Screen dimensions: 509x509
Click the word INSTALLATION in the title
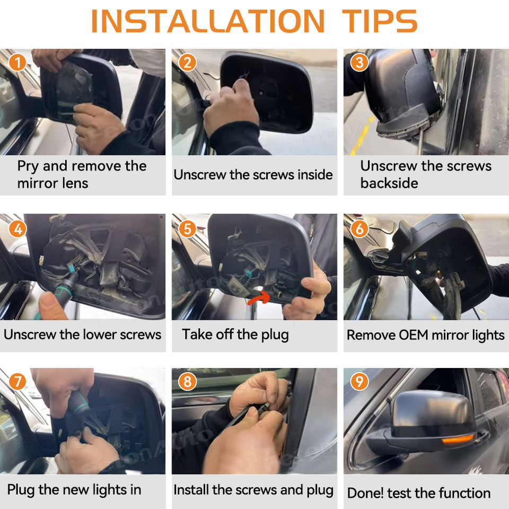tap(208, 21)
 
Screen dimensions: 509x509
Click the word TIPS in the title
tap(380, 21)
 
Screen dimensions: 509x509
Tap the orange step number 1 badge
tap(17, 63)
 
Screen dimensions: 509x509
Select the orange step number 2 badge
tap(187, 63)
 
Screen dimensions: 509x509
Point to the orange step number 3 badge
tap(359, 63)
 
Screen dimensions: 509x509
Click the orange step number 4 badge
tap(17, 229)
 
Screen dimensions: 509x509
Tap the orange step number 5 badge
tap(187, 229)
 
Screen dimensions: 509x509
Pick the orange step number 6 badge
tap(359, 229)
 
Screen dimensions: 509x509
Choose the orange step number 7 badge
tap(17, 381)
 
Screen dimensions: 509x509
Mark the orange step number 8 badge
tap(187, 381)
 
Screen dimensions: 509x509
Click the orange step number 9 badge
tap(359, 381)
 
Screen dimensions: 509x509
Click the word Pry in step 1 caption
tap(28, 166)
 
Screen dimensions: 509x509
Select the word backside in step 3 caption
tap(389, 183)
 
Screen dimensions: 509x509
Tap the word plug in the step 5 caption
tap(275, 335)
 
